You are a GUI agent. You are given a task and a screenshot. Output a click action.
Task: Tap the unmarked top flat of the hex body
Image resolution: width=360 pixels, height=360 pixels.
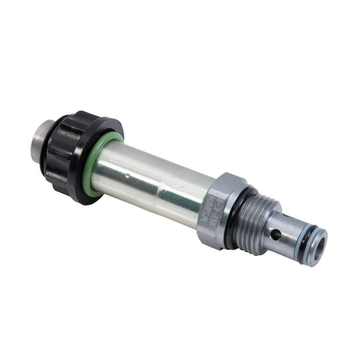(230, 182)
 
